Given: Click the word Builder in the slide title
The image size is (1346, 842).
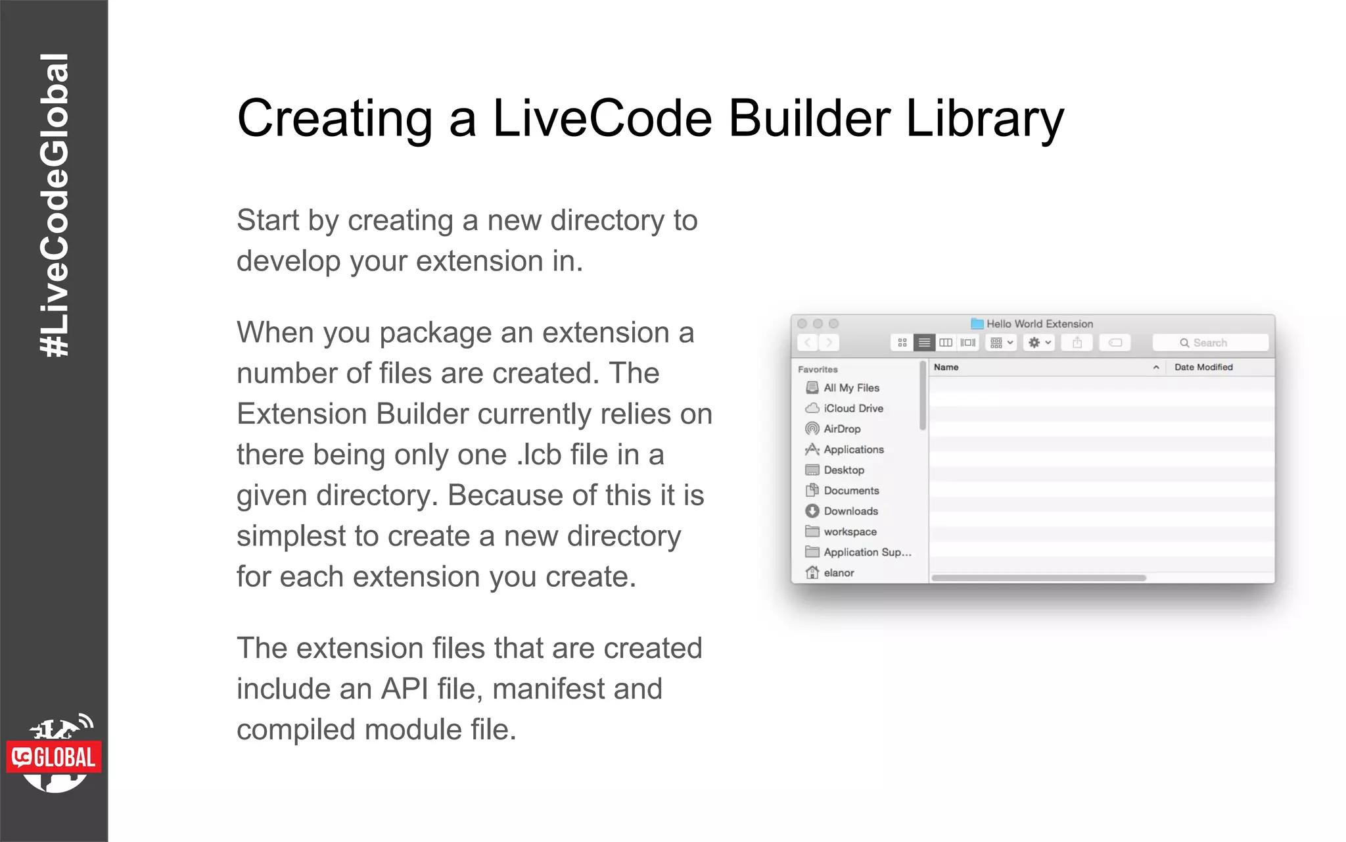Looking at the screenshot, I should (x=809, y=118).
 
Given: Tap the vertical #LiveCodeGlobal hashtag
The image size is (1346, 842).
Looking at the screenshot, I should (x=55, y=205).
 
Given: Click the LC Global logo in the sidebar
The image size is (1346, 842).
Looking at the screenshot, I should (x=55, y=756).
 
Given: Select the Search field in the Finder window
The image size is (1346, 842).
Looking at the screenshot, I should (x=1210, y=343).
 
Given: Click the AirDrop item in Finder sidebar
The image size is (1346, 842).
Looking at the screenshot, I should (x=841, y=429).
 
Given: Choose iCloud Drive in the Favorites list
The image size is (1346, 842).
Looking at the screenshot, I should (x=852, y=409).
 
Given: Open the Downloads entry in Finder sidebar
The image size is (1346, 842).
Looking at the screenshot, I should (x=850, y=511).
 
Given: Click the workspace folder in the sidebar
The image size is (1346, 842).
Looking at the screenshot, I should (x=849, y=532).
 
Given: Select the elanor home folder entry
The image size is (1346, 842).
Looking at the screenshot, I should (x=838, y=573).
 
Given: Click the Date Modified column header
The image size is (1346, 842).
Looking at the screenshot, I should (x=1203, y=367).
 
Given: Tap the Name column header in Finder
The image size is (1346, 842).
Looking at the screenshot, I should (x=946, y=367).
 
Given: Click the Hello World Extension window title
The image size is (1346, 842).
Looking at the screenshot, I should (x=1039, y=324).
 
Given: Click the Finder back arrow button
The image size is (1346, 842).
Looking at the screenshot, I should (x=808, y=343).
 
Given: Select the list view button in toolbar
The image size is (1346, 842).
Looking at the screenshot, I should (x=924, y=343).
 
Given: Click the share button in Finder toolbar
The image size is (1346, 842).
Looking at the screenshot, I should (x=1077, y=343).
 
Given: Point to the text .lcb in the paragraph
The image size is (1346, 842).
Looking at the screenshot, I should (x=538, y=455).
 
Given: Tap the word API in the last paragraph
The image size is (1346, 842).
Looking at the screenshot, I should (x=404, y=689).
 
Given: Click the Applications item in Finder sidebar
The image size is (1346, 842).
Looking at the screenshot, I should (x=853, y=450).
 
